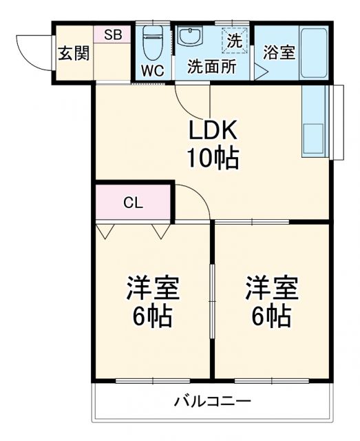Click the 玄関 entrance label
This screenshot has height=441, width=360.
(73, 54)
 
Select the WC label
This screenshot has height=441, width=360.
(151, 70)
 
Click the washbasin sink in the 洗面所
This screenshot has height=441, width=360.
(188, 37)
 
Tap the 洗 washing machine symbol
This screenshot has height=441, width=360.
(234, 41)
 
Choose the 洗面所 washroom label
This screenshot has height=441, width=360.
(212, 68)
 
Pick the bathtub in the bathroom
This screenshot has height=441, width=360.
(313, 53)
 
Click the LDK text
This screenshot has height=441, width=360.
(213, 130)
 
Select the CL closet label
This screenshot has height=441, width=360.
(132, 203)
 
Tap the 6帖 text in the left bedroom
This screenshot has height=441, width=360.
(153, 317)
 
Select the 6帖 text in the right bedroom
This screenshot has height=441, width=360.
(272, 317)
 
